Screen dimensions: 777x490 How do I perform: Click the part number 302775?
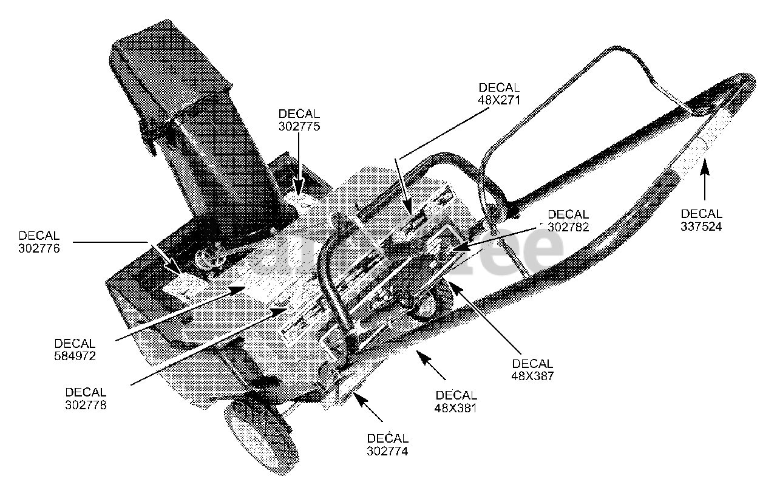click(299, 126)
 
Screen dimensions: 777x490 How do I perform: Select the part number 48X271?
click(500, 99)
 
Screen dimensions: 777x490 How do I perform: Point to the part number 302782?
click(568, 227)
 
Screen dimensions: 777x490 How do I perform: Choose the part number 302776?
click(39, 248)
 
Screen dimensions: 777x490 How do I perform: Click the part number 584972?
click(75, 356)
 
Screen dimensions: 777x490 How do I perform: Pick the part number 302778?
click(86, 405)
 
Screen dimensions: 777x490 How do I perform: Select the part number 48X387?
click(533, 376)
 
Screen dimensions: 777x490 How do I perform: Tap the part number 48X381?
click(456, 408)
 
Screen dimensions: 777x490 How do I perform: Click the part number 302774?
click(388, 451)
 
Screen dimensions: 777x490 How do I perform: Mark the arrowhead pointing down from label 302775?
click(299, 185)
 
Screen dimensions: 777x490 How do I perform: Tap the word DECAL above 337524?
click(701, 214)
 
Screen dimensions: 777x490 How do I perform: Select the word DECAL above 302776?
click(39, 236)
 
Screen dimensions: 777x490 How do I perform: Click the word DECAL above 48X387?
click(533, 364)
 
